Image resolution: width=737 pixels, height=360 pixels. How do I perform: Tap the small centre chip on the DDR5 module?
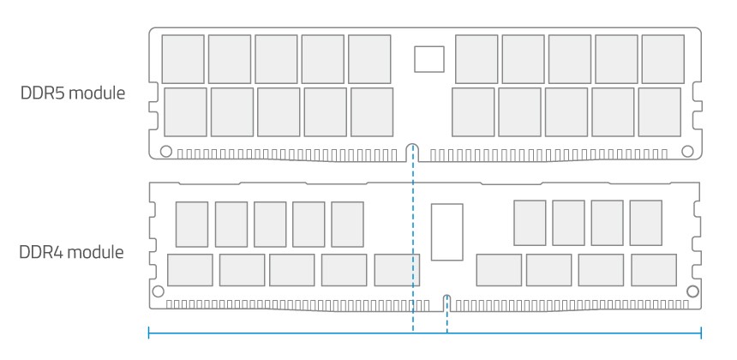(x=429, y=58)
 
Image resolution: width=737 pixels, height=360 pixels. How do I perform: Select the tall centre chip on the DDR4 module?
(x=447, y=231)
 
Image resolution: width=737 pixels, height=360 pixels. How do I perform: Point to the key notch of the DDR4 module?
(x=446, y=301)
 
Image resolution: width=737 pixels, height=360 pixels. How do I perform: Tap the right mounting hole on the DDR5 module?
(x=686, y=152)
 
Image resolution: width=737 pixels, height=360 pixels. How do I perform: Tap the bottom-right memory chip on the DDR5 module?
(x=660, y=110)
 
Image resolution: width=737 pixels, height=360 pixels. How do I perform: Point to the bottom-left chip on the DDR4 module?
(x=189, y=270)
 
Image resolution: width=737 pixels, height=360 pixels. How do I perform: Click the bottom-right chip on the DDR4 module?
(x=654, y=270)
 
